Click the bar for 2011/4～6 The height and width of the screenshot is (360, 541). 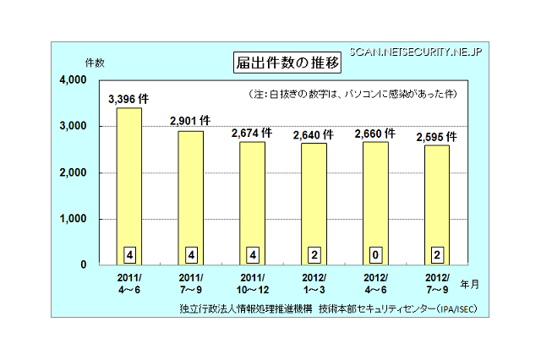tap(129, 186)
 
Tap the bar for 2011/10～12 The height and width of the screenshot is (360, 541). tap(253, 203)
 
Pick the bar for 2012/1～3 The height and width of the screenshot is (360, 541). tap(314, 204)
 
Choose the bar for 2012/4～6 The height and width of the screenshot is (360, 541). tap(376, 203)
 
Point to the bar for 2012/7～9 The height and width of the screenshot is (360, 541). tap(438, 205)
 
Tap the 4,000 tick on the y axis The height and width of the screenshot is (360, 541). tap(73, 80)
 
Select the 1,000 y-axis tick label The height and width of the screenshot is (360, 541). tap(74, 219)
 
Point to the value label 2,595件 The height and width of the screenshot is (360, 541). tap(437, 137)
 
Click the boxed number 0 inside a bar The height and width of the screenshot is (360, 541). tap(376, 253)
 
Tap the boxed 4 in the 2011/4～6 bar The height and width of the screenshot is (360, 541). tap(129, 253)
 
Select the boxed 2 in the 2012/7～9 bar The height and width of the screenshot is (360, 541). tap(438, 253)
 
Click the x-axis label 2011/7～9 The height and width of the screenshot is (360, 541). tap(191, 283)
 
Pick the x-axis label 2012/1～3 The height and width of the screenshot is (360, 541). tap(314, 283)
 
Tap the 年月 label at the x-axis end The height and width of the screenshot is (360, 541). tap(478, 284)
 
